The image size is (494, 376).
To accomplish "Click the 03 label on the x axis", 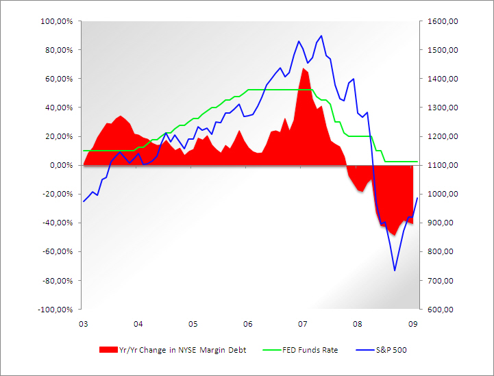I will (x=83, y=323).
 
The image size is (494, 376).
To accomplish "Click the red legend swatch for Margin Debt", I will (x=108, y=350).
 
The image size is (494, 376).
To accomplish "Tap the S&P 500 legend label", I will (x=391, y=350).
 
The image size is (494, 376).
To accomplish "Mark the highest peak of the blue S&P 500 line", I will (x=321, y=36).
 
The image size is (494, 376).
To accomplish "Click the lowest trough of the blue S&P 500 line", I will (x=395, y=271).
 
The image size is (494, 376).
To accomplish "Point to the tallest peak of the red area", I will (x=303, y=68).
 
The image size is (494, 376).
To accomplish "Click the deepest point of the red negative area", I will (x=394, y=235).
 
